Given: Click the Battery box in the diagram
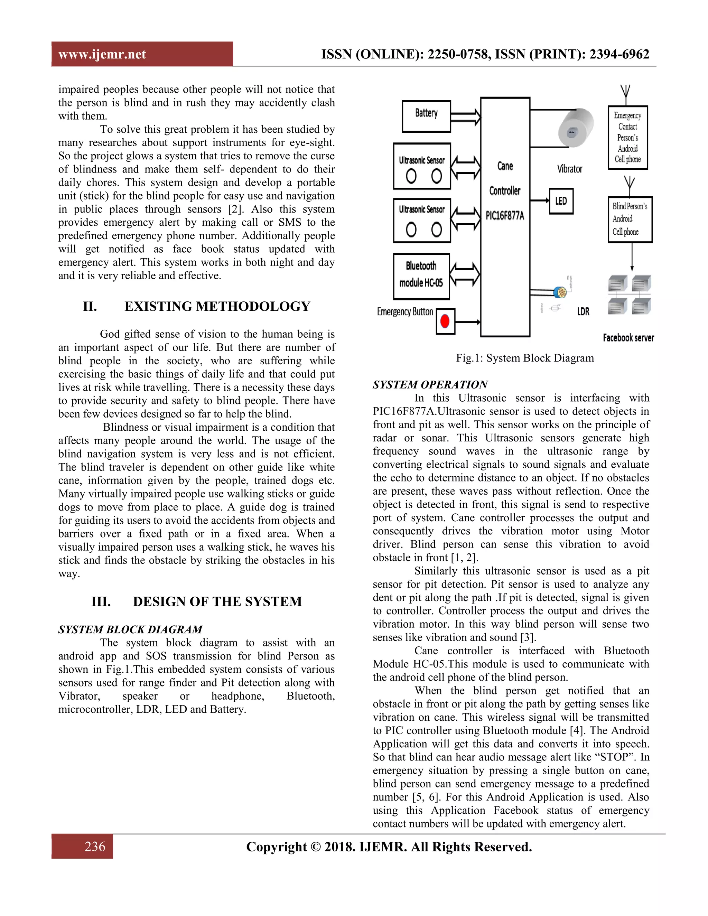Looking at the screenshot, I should [426, 116].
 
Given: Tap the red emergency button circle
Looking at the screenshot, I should [445, 321].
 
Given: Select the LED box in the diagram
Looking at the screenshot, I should [561, 201].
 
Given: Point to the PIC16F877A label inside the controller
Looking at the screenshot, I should [505, 216].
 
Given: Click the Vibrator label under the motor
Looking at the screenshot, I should [570, 169].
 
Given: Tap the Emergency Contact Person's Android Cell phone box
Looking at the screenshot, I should [627, 138].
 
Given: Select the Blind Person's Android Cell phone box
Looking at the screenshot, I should [630, 219].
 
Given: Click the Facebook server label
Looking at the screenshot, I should [628, 338].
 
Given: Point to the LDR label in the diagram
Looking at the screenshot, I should [583, 312].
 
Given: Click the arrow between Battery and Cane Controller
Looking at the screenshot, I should [466, 116].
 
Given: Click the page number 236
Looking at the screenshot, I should [95, 847].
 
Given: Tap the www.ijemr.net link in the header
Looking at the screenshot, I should [102, 54].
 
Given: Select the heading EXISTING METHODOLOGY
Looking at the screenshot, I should [217, 306].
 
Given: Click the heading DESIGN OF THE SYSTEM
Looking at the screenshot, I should [217, 601].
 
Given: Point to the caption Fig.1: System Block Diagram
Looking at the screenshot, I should [525, 358].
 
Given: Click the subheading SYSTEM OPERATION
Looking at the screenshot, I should [430, 384].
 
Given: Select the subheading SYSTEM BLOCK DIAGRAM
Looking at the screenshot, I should [130, 629].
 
